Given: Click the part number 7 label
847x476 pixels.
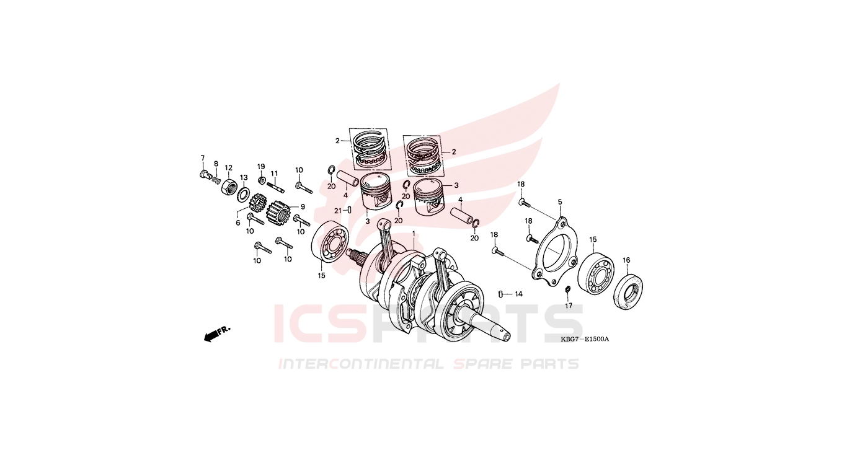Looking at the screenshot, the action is tap(202, 157).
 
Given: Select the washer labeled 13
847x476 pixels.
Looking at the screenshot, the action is tap(243, 193).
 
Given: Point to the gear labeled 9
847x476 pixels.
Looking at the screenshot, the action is tap(278, 212).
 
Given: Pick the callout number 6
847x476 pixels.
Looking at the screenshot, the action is tap(238, 223).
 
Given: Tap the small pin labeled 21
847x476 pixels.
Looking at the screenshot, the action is tap(349, 209).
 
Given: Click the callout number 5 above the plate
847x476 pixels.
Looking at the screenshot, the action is tap(560, 202).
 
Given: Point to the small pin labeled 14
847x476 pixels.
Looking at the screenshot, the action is tap(500, 294).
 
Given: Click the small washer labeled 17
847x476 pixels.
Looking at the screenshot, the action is tap(567, 289).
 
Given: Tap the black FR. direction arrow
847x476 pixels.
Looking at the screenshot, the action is tap(213, 335).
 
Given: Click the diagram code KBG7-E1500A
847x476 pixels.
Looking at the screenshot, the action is tap(585, 339).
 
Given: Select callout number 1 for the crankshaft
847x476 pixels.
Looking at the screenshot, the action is tap(414, 234).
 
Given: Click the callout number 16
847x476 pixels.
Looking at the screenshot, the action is tap(626, 260).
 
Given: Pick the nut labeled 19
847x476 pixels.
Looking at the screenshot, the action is tap(261, 180).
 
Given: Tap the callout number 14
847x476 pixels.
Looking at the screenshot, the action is tap(518, 294).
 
